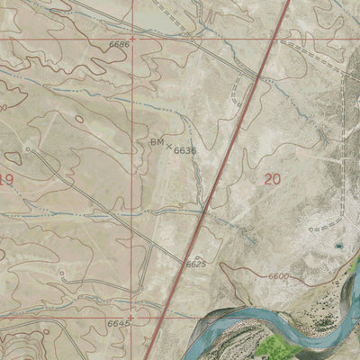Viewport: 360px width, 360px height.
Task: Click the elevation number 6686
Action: click(119, 43)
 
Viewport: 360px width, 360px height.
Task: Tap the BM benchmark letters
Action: click(157, 142)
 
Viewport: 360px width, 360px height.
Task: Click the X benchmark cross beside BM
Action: click(168, 144)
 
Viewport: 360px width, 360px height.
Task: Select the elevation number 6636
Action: click(185, 150)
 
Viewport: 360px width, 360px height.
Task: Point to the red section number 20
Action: click(273, 179)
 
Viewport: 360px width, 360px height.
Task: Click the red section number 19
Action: click(6, 180)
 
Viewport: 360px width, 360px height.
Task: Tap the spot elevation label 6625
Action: click(196, 265)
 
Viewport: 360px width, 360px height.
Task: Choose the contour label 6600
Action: click(281, 276)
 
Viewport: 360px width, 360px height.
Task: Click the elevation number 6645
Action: click(118, 322)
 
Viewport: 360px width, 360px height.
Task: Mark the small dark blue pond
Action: click(338, 245)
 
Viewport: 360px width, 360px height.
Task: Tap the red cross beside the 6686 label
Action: click(134, 39)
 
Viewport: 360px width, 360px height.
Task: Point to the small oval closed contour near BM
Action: click(79, 119)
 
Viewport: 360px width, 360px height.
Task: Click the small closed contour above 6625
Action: click(196, 256)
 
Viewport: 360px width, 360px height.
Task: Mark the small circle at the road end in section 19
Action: click(28, 148)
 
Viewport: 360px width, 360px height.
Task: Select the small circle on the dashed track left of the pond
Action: click(312, 229)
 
